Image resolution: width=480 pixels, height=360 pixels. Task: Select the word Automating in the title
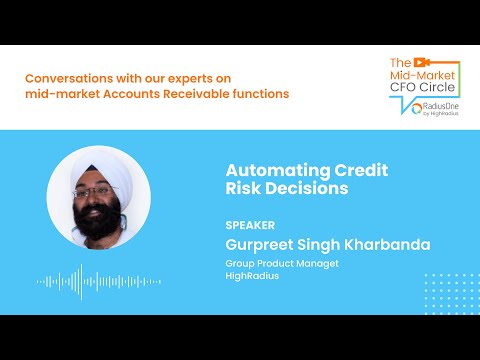pyautogui.click(x=266, y=169)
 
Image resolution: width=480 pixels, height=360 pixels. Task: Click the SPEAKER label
pyautogui.click(x=250, y=225)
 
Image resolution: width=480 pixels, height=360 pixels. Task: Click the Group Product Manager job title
pyautogui.click(x=282, y=264)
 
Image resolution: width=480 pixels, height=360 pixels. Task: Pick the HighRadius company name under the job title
pyautogui.click(x=251, y=277)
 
